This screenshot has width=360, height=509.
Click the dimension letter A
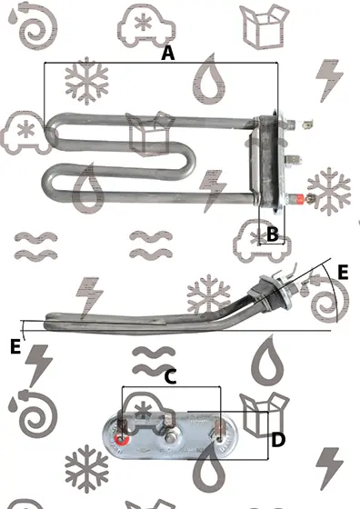(168, 53)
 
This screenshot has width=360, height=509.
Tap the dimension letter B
(273, 235)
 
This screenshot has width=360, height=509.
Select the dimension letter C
(170, 376)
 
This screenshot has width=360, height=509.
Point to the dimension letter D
(278, 440)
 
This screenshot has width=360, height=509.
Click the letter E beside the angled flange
(343, 272)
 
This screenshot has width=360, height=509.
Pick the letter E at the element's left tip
(15, 346)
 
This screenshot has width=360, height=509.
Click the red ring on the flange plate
(122, 440)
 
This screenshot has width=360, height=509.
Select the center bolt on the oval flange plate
(170, 438)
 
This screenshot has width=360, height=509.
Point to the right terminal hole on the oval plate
(220, 440)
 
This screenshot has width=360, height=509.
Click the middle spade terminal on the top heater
(293, 159)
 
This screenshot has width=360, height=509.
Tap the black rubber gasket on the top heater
(269, 163)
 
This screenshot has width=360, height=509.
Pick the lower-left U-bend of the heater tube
(47, 182)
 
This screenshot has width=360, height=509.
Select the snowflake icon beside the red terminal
(329, 192)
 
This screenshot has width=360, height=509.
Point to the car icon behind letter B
(262, 240)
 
